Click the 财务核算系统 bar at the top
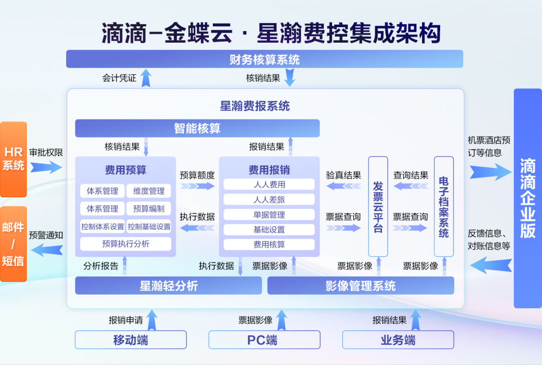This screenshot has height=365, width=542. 264,60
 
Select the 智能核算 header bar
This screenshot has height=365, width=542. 197,129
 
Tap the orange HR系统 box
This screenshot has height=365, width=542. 14,159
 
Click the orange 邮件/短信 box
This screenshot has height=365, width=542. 14,244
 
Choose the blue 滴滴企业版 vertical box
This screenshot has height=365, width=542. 527,198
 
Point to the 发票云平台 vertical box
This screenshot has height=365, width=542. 378,206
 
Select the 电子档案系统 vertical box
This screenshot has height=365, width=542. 444,206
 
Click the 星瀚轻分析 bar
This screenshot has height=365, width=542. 169,286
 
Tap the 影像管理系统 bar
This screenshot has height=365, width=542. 360,286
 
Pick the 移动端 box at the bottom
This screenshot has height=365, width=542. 130,340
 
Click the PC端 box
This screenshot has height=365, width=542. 264,340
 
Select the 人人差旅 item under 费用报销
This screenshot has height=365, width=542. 269,199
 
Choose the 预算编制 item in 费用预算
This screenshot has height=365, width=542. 149,209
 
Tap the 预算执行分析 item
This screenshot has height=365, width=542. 125,244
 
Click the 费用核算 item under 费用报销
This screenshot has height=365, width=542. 269,245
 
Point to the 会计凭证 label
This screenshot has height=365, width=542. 119,78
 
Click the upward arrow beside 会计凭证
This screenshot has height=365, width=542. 146,78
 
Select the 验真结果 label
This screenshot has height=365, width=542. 344,175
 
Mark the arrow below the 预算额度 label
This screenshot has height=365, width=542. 197,186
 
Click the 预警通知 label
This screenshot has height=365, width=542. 46,234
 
